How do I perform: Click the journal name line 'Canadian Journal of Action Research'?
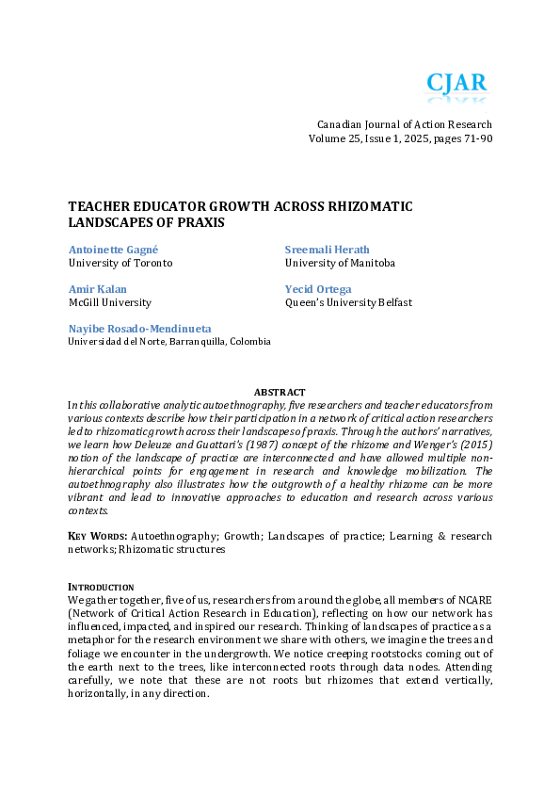(x=404, y=124)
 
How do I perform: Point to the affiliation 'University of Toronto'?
(x=120, y=263)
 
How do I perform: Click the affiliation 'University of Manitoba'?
(x=340, y=263)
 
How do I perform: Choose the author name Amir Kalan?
(x=90, y=288)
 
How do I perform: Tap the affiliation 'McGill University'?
(x=109, y=302)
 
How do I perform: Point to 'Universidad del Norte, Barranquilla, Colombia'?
(x=168, y=341)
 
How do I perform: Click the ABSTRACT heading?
(x=280, y=392)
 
